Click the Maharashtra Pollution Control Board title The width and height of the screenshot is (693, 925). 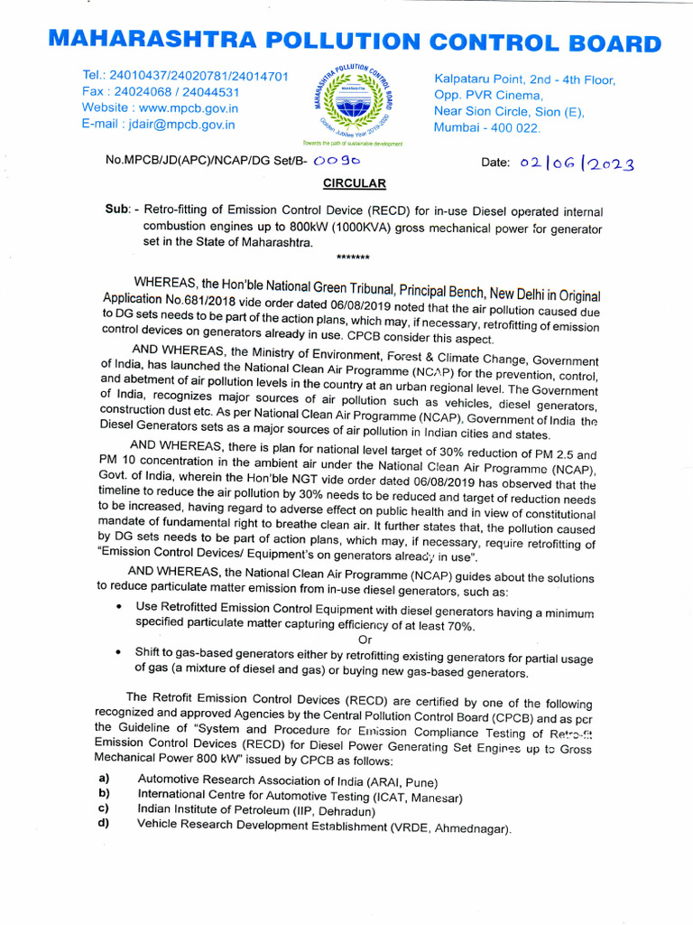tap(354, 42)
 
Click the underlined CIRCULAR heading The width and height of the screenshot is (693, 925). tap(355, 183)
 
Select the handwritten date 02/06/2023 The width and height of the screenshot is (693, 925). tap(577, 164)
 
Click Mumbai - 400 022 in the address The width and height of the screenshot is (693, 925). tap(487, 128)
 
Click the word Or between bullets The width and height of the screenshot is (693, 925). tap(365, 640)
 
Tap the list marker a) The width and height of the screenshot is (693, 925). tap(104, 779)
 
